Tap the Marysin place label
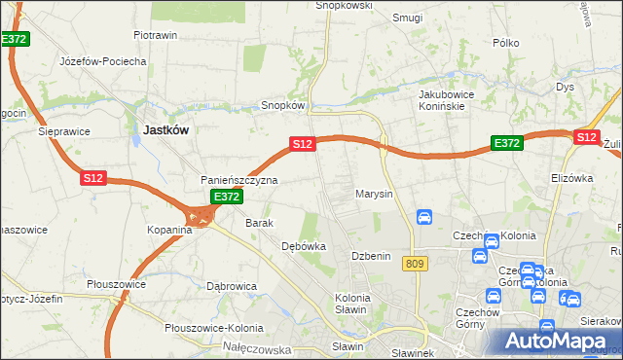(x=374, y=194)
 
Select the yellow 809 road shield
(x=417, y=264)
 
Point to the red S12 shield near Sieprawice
(x=93, y=179)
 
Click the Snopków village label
(x=284, y=105)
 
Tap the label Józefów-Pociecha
(x=103, y=61)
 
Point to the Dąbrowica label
(x=232, y=286)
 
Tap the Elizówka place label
(x=571, y=178)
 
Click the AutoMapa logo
(x=558, y=342)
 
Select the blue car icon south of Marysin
(x=424, y=217)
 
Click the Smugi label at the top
(x=407, y=18)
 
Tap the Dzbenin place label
(x=370, y=255)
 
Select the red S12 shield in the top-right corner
(x=586, y=138)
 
